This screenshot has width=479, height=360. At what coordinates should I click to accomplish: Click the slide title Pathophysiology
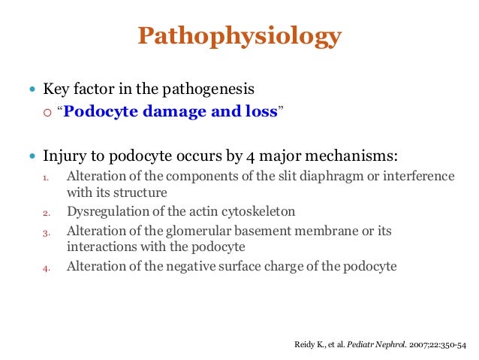(x=239, y=36)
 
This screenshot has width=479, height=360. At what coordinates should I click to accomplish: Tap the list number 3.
(x=44, y=233)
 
